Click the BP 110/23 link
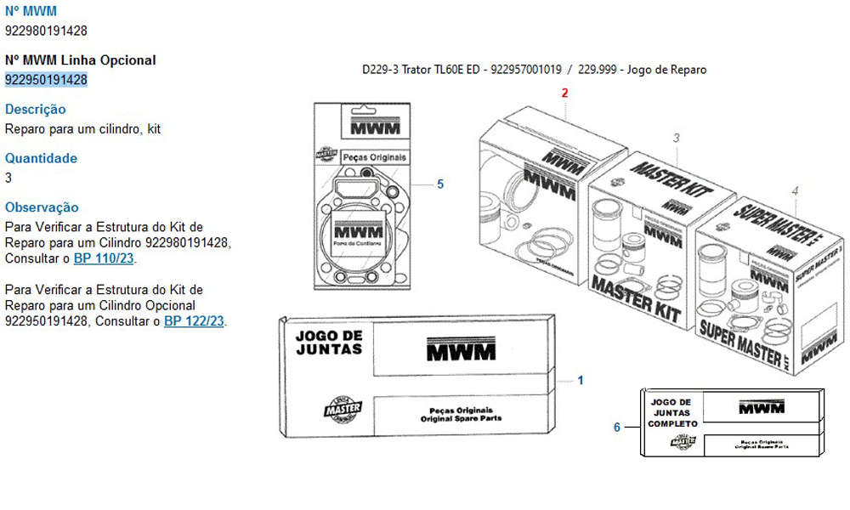tap(104, 258)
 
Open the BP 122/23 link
tap(194, 321)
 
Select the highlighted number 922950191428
tap(46, 80)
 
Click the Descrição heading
tap(35, 110)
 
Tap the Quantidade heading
tap(41, 158)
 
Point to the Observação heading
tap(42, 207)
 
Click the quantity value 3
tap(8, 178)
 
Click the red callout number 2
tap(564, 93)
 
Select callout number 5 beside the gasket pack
tap(440, 184)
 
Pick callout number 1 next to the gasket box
tap(581, 380)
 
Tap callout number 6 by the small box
tap(617, 427)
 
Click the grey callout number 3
tap(676, 138)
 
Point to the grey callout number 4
tap(795, 191)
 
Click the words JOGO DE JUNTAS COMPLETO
tap(672, 412)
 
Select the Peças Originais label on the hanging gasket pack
tap(374, 157)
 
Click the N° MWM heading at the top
tap(31, 12)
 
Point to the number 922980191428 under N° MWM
tap(46, 31)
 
